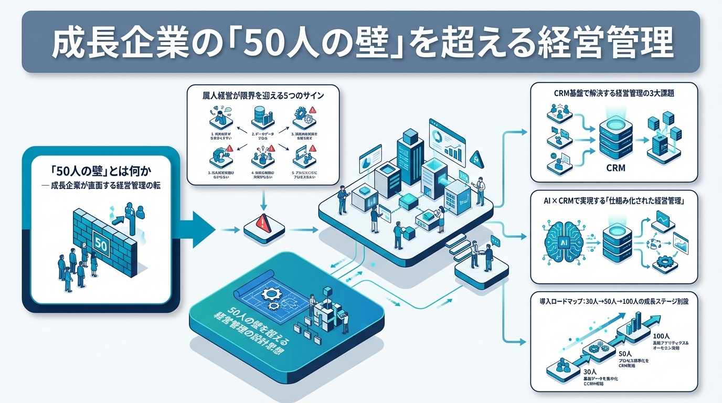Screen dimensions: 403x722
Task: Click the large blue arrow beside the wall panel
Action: click(x=197, y=229)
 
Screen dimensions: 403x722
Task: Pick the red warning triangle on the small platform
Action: click(x=263, y=222)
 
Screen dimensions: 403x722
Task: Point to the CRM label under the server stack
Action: click(x=615, y=169)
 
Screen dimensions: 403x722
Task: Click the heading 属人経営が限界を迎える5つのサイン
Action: click(x=263, y=96)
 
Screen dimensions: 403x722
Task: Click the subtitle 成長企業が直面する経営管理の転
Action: click(x=100, y=184)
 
